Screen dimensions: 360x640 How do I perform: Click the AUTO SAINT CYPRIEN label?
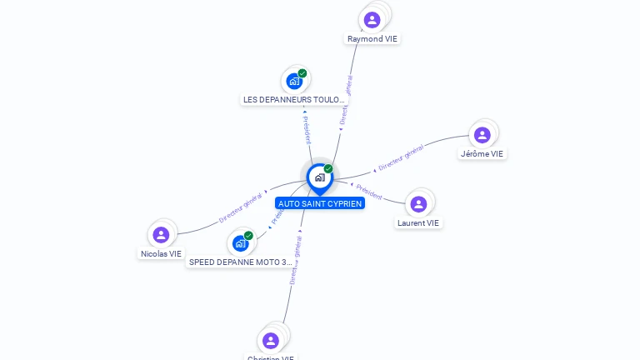click(320, 203)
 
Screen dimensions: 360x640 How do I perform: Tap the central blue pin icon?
click(319, 177)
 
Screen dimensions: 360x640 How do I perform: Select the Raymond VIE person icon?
click(372, 19)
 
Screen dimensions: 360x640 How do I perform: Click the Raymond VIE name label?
click(372, 39)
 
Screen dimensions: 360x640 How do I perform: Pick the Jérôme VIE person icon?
click(482, 135)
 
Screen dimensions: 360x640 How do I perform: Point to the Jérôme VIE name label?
click(482, 154)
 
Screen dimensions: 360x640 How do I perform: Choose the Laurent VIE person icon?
click(418, 204)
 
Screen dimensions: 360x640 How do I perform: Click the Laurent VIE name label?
click(418, 223)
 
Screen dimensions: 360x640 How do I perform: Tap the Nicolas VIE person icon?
click(162, 235)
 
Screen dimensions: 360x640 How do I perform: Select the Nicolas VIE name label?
click(161, 254)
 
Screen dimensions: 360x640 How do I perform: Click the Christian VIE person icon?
click(271, 340)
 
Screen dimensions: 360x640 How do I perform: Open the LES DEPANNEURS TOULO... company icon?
click(294, 81)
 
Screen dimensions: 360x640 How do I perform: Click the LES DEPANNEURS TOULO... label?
click(293, 100)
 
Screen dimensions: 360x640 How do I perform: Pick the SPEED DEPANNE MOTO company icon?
click(240, 243)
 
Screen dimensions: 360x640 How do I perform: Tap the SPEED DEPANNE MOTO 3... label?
click(241, 262)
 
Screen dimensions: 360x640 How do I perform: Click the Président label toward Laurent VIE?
click(369, 192)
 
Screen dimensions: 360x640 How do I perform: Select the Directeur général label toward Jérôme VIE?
click(401, 157)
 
